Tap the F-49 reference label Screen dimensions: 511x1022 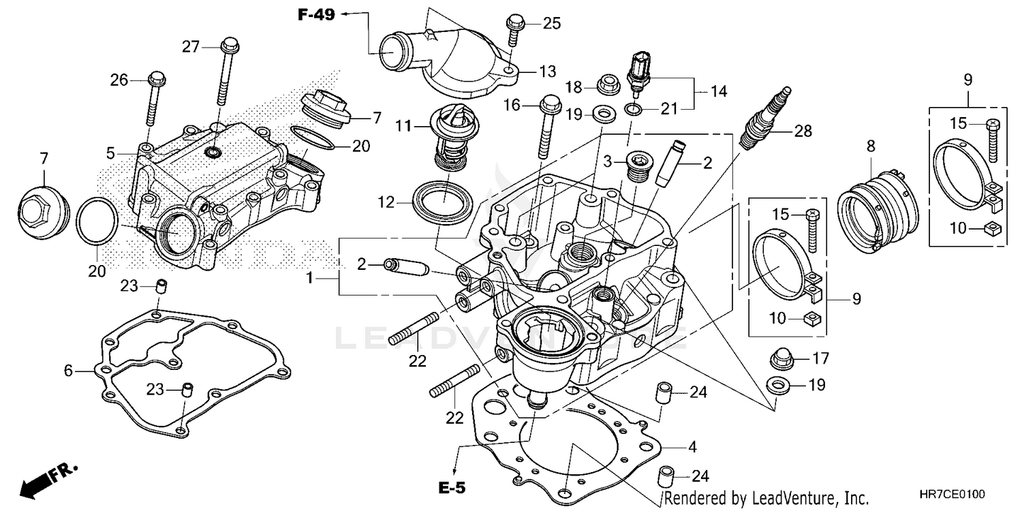point(315,14)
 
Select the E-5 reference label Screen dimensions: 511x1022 point(453,488)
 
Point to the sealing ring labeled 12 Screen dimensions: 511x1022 point(444,202)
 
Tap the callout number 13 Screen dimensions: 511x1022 point(548,71)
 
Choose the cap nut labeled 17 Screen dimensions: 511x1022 point(778,358)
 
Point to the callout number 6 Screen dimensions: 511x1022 point(67,371)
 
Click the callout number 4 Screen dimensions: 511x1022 point(692,448)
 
